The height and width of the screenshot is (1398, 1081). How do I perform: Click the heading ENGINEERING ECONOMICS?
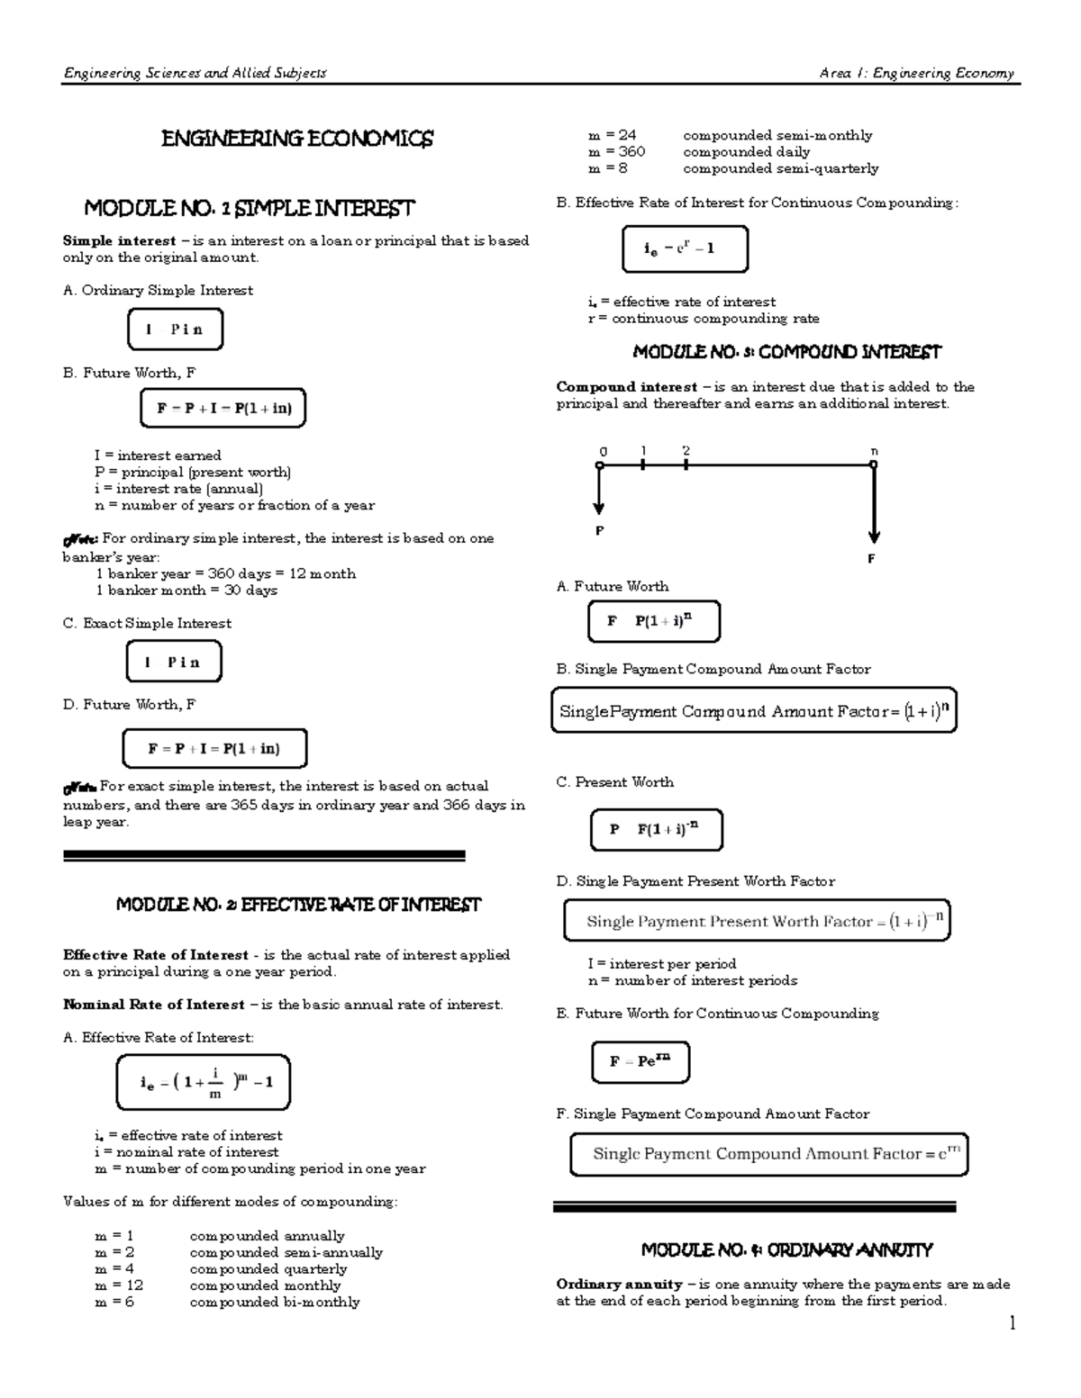pos(297,139)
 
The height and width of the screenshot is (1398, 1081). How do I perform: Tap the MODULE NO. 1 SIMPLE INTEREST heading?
pos(250,209)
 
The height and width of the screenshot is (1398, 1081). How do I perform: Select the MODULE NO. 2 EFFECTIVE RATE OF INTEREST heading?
pos(299,905)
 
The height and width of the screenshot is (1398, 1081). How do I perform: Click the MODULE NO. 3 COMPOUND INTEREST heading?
pos(786,352)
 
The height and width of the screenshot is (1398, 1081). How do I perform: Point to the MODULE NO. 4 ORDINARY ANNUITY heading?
pos(786,1249)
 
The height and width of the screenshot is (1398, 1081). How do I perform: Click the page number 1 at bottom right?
pos(1013,1322)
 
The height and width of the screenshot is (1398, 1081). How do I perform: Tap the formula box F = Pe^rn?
pos(640,1061)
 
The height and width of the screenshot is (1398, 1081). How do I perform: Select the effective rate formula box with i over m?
pos(204,1082)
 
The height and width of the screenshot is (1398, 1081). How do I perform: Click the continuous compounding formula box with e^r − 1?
pos(685,249)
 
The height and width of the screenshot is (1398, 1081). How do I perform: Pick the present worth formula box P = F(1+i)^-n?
pos(656,829)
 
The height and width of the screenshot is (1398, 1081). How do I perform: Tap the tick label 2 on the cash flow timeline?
pos(686,450)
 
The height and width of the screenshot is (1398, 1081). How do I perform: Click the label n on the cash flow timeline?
pos(874,451)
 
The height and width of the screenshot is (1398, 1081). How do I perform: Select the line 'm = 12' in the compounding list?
pos(119,1285)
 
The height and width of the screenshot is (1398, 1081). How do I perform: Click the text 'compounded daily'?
pos(746,152)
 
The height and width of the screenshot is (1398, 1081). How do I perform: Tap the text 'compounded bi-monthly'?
pos(274,1302)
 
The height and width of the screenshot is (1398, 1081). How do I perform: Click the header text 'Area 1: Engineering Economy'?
pos(916,74)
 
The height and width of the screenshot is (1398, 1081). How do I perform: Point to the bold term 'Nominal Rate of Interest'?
pos(154,1005)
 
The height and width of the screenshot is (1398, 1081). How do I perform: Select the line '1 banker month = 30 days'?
pos(186,591)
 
